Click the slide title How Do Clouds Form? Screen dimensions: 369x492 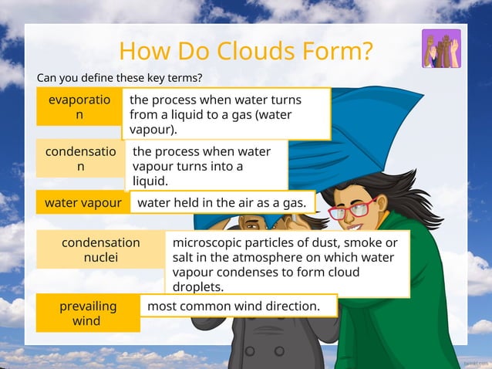coord(246,51)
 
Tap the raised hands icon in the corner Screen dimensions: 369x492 coord(441,49)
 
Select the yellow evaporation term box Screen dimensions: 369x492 coord(79,107)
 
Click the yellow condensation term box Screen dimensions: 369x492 coord(80,158)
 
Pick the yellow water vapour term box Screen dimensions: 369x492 coord(83,203)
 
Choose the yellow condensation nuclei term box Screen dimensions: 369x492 coord(100,249)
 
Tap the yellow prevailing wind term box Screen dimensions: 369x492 coord(88,313)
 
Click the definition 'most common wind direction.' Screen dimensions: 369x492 coord(233,306)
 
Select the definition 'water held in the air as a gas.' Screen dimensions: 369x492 coord(222,202)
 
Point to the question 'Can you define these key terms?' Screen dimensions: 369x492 coord(120,78)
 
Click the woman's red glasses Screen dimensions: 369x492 coord(352,209)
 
